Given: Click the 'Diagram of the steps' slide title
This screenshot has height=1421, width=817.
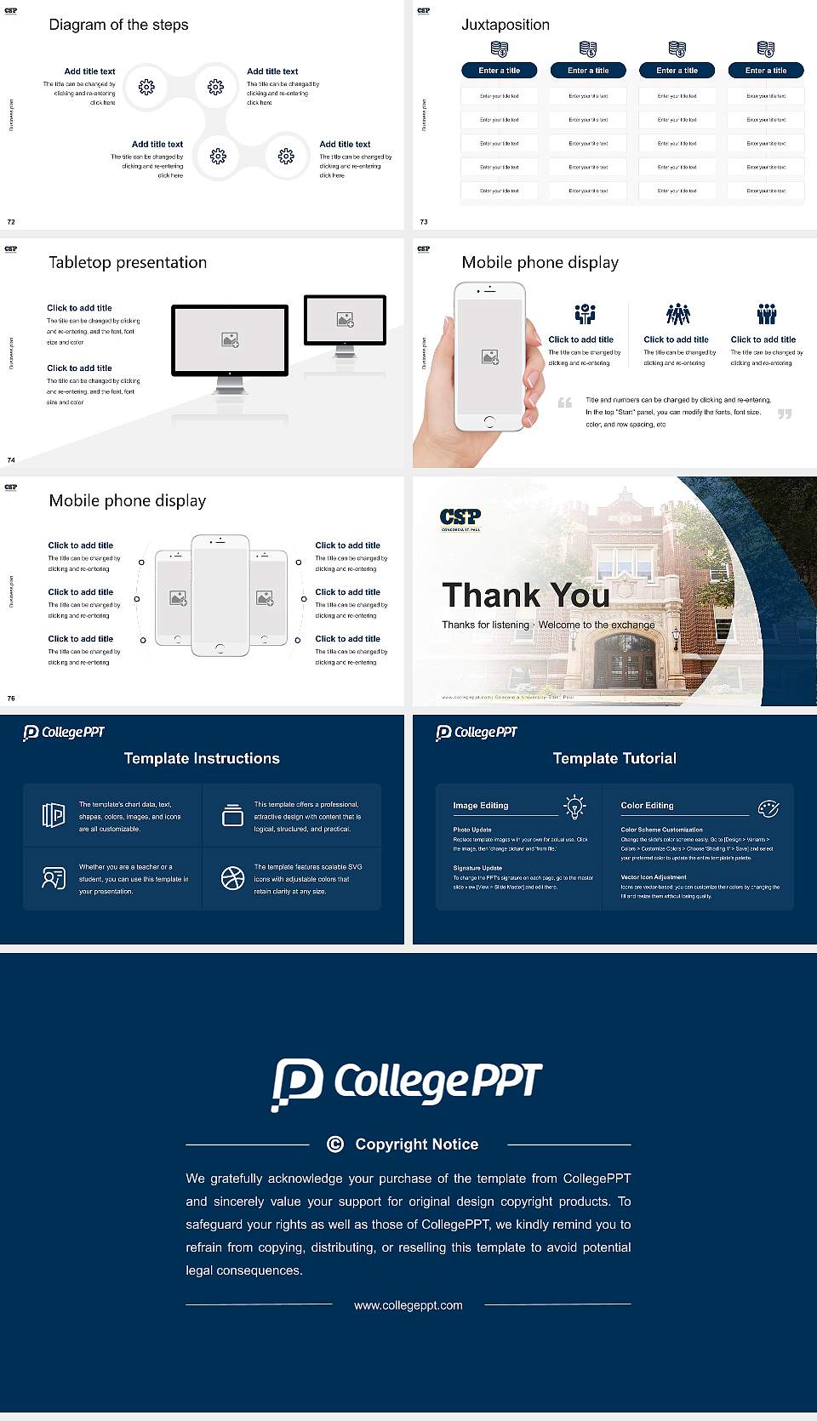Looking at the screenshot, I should point(118,25).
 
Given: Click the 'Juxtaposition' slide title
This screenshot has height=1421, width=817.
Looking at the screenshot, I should point(505,25).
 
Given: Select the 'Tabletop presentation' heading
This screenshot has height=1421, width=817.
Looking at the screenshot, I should point(128,263).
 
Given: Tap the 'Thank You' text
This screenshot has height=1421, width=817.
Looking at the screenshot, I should point(525,596).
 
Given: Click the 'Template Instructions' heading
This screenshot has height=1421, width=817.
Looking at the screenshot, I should point(202,758).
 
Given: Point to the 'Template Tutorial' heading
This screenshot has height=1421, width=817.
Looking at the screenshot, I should point(614,758).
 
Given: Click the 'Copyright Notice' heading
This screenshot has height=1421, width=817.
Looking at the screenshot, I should point(416,1144).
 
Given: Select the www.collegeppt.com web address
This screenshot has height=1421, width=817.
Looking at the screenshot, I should point(408,1305).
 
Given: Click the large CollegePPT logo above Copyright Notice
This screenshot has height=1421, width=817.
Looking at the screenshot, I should point(407,1083).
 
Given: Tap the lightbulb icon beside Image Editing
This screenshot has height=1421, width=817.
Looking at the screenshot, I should point(575,807).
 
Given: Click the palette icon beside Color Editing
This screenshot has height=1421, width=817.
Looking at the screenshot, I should point(768,808).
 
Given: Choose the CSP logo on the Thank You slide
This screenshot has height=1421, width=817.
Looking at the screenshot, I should point(460,518).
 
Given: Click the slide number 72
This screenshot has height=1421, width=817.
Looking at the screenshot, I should point(11,222).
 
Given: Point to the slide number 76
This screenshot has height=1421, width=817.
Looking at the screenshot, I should point(11,699).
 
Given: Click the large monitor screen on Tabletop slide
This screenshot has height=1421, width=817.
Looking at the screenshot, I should point(230,340).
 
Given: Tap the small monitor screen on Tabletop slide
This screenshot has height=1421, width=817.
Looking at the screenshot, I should point(345,320).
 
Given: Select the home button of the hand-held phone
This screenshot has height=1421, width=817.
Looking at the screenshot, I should point(488,421).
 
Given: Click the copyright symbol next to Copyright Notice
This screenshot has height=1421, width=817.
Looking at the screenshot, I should point(335,1144).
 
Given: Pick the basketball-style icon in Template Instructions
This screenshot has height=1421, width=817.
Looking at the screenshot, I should point(232,878).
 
